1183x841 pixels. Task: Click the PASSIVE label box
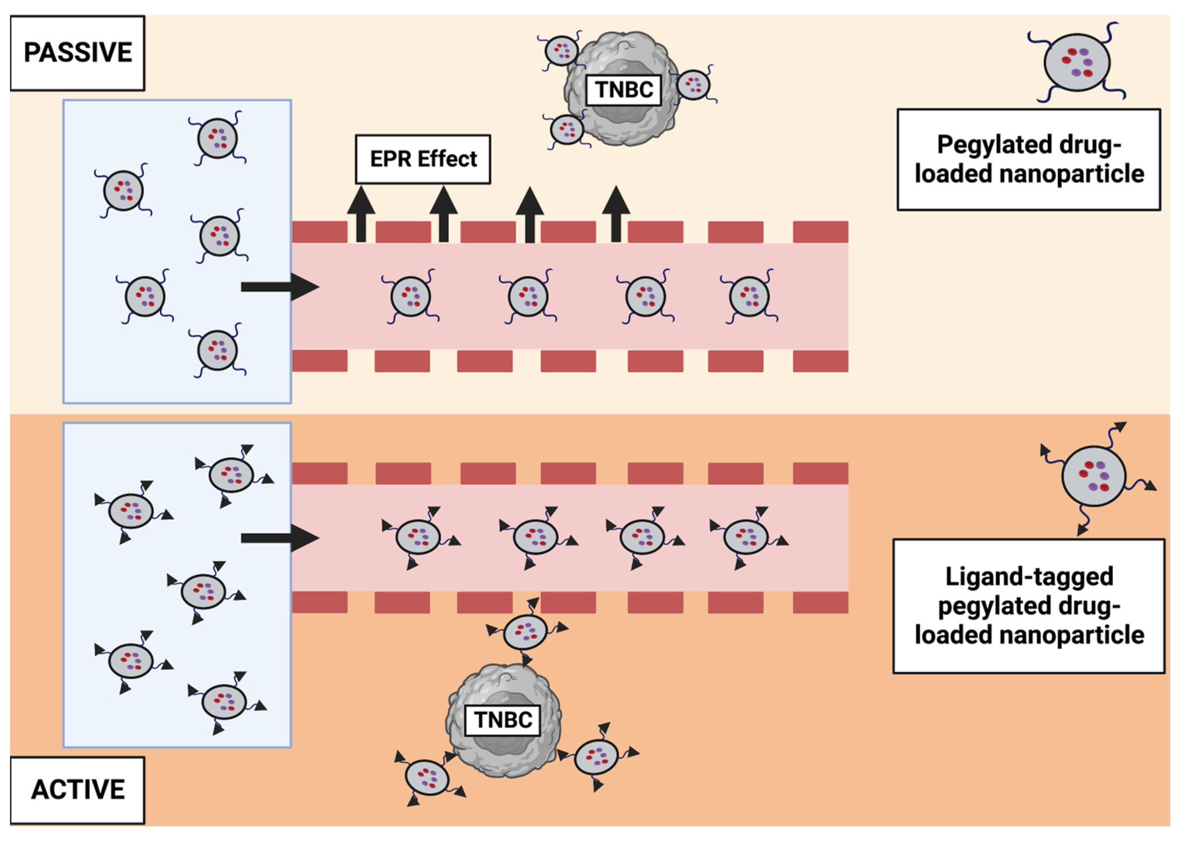coord(78,53)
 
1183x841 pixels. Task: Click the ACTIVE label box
coord(78,790)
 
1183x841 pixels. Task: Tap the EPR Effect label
coord(423,159)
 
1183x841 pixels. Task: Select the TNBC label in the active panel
coord(503,720)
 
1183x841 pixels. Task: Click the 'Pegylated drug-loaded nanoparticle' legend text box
coord(1029,159)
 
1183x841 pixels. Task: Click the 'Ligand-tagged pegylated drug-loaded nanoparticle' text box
coord(1029,606)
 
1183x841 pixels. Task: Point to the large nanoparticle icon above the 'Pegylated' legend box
coord(1077,63)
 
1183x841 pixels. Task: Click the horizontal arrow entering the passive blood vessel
coord(279,287)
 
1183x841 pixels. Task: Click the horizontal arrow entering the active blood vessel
coord(279,539)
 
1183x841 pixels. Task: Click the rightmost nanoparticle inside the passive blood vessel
coord(749,296)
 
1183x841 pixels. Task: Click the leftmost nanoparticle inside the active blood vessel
coord(418,537)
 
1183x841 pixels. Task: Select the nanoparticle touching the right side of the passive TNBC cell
coord(693,85)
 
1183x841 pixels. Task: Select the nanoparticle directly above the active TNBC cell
coord(526,632)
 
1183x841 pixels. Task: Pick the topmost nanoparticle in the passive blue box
coord(217,138)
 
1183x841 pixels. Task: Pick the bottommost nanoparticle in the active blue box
coord(224,702)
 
